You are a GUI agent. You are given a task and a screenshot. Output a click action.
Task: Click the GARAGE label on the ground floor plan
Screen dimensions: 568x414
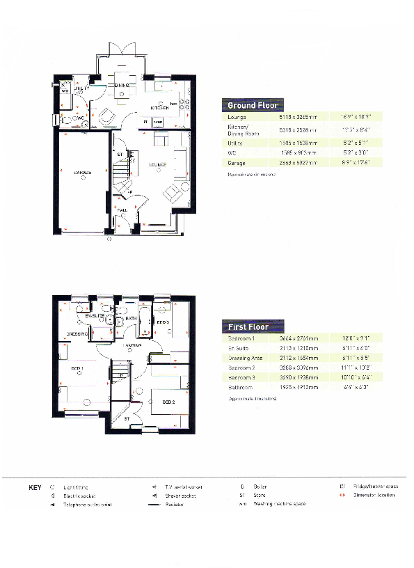82,172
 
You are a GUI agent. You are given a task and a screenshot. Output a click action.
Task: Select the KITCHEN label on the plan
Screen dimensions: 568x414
161,108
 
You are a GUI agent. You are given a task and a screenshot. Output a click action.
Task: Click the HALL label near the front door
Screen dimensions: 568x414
121,209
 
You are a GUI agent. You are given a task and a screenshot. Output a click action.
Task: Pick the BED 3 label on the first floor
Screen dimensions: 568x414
162,323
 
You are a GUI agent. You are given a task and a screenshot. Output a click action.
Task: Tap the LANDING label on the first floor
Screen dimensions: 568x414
132,345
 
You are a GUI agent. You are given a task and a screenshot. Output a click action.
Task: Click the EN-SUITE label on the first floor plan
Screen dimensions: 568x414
94,317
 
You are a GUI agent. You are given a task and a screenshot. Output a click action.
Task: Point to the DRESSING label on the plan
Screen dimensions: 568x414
77,334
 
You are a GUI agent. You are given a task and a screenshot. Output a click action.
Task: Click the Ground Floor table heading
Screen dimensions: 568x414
253,105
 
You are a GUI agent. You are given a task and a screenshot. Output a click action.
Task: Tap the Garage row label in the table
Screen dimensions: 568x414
228,162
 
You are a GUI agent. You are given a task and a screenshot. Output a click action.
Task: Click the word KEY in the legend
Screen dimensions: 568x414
35,487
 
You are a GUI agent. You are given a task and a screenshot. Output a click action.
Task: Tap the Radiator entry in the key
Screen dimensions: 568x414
175,503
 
